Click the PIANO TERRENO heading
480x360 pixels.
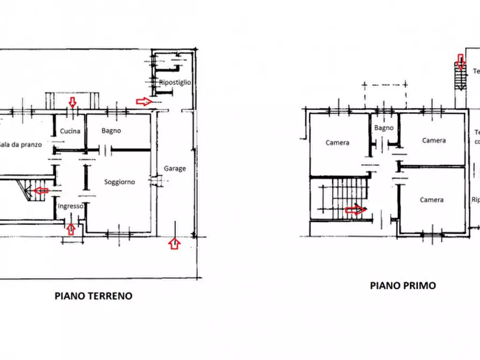pyautogui.click(x=94, y=296)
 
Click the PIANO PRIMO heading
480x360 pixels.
pyautogui.click(x=403, y=285)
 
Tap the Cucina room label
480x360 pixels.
pyautogui.click(x=70, y=131)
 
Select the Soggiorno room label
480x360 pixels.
pyautogui.click(x=119, y=182)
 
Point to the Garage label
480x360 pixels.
pyautogui.click(x=175, y=168)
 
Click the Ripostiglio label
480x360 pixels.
pyautogui.click(x=175, y=82)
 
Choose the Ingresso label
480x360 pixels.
pyautogui.click(x=70, y=206)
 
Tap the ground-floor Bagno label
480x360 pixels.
pyautogui.click(x=111, y=131)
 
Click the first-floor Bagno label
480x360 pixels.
pyautogui.click(x=384, y=128)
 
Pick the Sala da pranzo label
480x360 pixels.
pyautogui.click(x=20, y=145)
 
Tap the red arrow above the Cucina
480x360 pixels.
pyautogui.click(x=73, y=102)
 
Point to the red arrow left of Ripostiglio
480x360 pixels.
pyautogui.click(x=144, y=101)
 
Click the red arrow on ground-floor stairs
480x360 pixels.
pyautogui.click(x=41, y=190)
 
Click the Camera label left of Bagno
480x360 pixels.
pyautogui.click(x=338, y=142)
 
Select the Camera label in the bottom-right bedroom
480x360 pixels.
pyautogui.click(x=432, y=200)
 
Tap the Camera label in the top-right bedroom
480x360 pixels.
pyautogui.click(x=434, y=140)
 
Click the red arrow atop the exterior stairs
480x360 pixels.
pyautogui.click(x=460, y=62)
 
